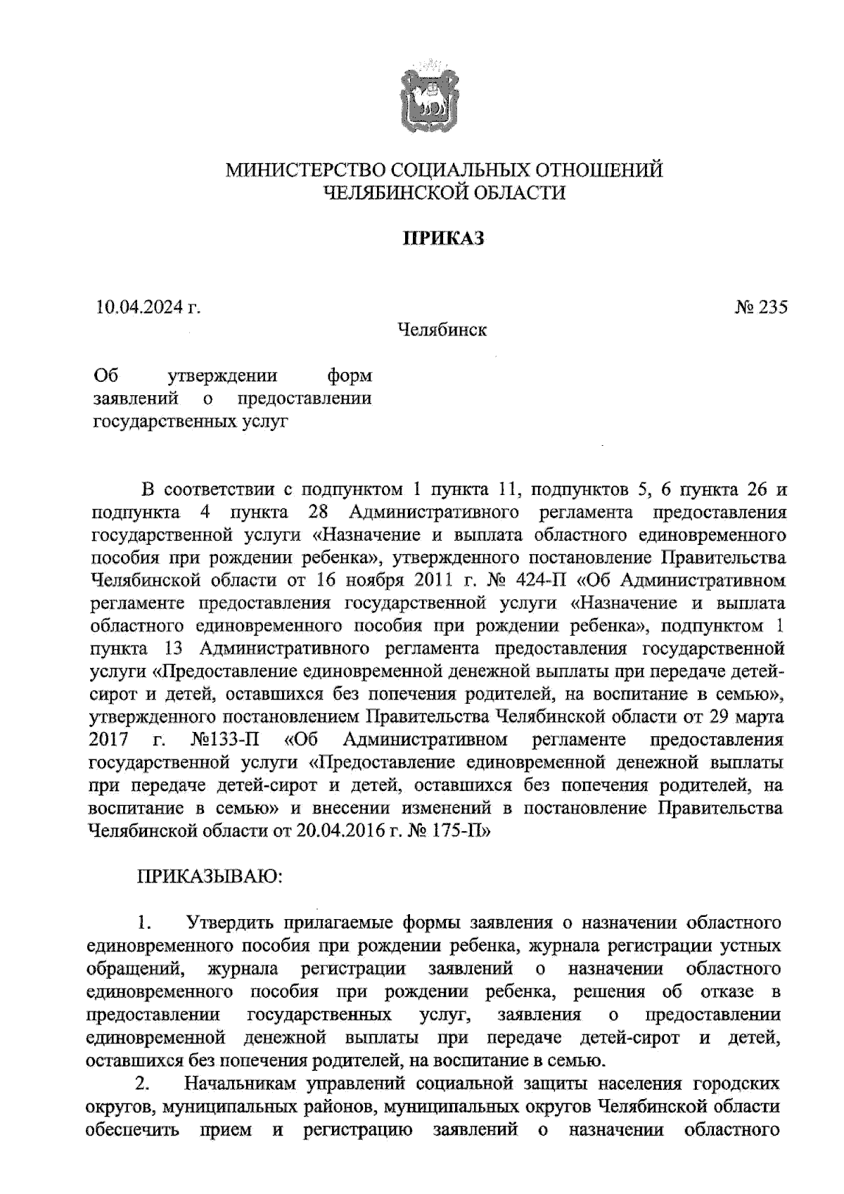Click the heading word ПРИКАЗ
pos(443,239)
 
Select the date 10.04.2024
pos(141,307)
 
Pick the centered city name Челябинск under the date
pos(442,329)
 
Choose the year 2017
pos(109,740)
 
